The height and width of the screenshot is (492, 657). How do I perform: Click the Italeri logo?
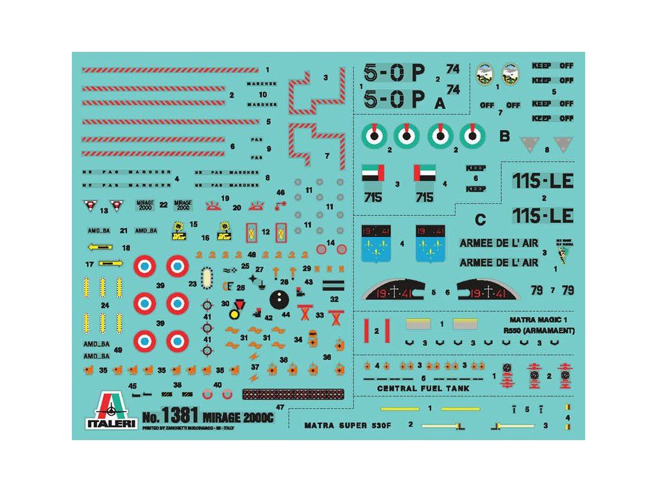[x=111, y=410]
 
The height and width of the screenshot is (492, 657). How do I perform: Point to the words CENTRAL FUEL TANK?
[x=423, y=388]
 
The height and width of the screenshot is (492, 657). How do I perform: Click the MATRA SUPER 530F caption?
[x=345, y=425]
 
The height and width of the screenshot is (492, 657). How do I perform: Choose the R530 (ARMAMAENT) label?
[x=539, y=331]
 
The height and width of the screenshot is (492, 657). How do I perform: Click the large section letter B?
[x=504, y=136]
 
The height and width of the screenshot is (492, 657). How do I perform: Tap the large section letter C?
[x=480, y=220]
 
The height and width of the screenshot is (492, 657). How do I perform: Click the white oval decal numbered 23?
[x=208, y=279]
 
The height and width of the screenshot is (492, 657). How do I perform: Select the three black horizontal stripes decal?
[x=334, y=286]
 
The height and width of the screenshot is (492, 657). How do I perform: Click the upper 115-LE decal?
[x=543, y=181]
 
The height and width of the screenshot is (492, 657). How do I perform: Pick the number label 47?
[x=279, y=407]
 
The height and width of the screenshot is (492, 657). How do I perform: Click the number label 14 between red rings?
[x=331, y=243]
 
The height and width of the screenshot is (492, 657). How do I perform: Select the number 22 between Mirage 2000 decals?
[x=164, y=205]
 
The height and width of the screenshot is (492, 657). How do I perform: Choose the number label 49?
[x=117, y=350]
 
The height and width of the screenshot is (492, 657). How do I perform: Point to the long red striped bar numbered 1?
[x=170, y=70]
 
